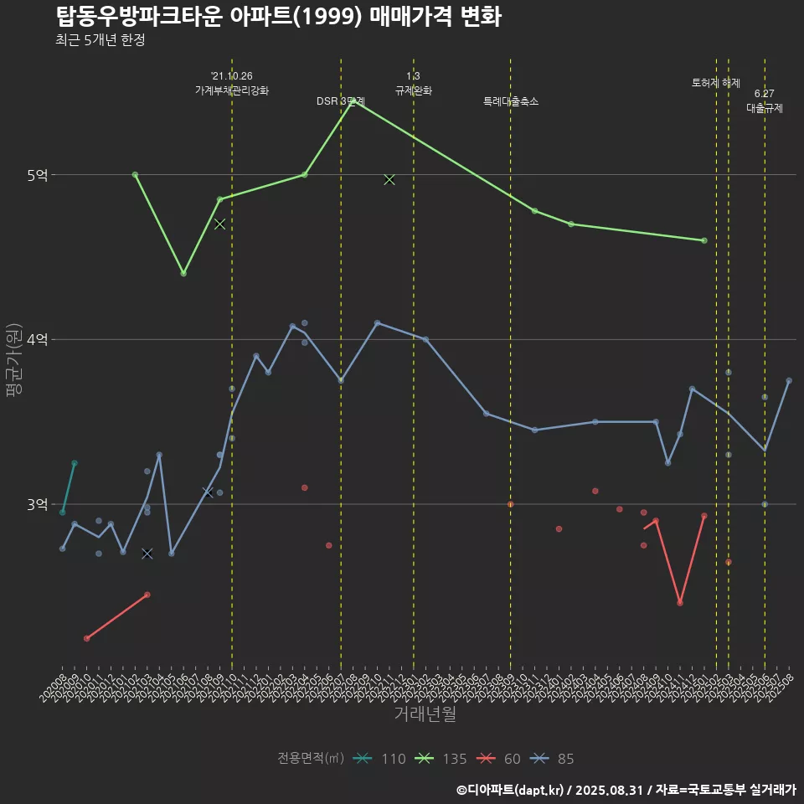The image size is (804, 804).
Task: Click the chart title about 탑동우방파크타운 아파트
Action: point(278,17)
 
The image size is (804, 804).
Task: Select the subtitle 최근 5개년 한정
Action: point(100,39)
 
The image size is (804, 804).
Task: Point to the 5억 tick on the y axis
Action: point(37,175)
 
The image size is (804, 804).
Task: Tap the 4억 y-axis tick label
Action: point(37,339)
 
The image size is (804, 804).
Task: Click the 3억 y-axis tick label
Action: point(37,504)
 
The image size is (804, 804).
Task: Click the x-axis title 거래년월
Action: point(425,714)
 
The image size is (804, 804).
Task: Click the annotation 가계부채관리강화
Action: point(232,90)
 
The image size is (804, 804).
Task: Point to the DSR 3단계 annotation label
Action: point(340,101)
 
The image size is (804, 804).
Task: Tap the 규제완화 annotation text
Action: point(413,90)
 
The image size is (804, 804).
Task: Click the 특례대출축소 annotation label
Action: point(511,101)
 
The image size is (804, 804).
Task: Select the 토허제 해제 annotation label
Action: point(716,83)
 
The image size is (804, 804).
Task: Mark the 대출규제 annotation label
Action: point(765,108)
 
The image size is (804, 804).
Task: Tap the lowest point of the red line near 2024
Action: point(680,603)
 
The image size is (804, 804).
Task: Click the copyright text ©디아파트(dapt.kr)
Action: point(511,789)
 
